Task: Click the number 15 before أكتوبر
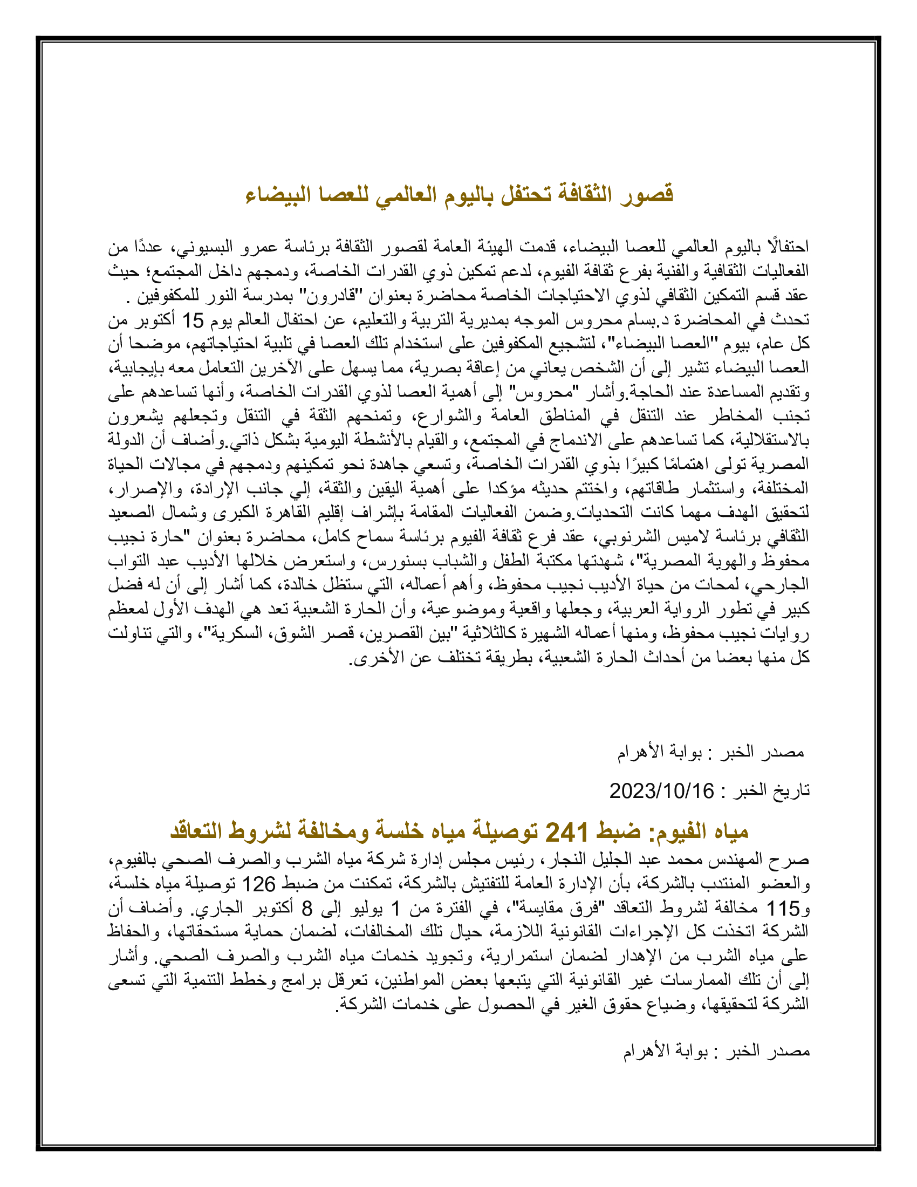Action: tap(193, 321)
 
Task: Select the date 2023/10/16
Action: tap(661, 791)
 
